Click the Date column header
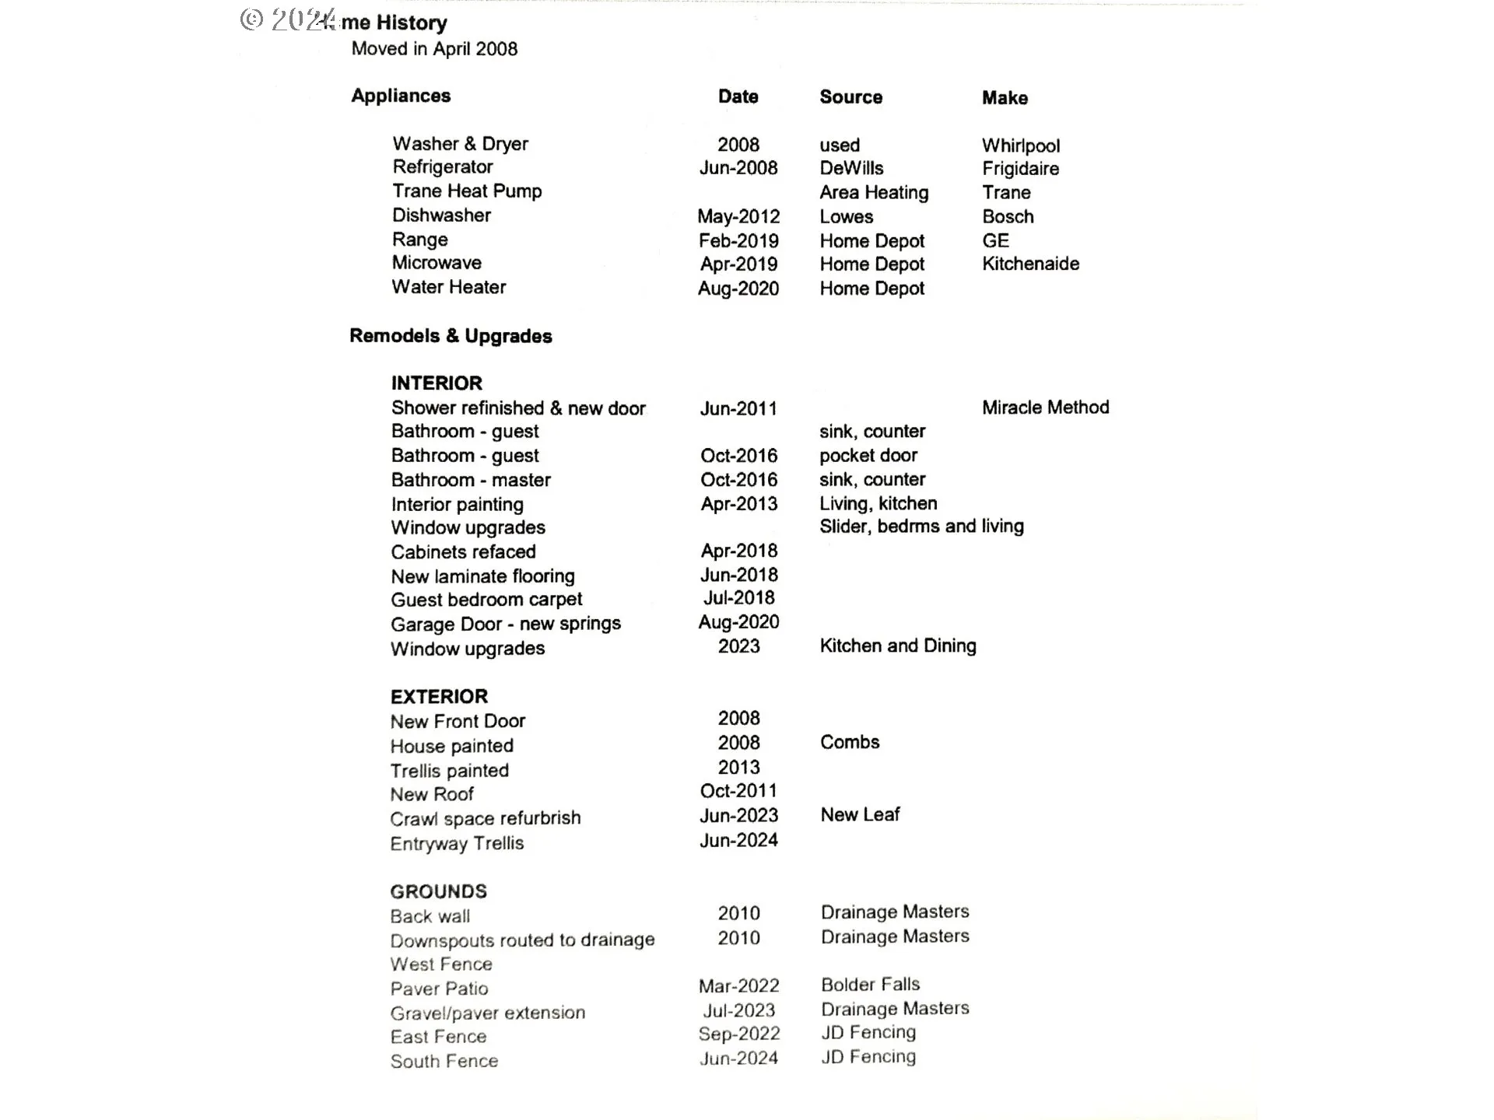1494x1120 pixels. coord(738,96)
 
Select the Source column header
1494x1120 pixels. coord(850,97)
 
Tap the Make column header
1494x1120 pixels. coord(1005,98)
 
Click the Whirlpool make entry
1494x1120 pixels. coord(1020,145)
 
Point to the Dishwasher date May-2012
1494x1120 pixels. coord(738,216)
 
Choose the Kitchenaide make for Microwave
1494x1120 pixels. coord(1030,264)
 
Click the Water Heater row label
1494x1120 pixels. coord(449,287)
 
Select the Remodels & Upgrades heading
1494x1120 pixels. coord(451,336)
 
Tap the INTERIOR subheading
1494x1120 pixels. coord(437,383)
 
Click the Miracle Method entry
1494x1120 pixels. coord(1045,407)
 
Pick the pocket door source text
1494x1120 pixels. coord(868,455)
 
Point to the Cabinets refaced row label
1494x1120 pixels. coord(463,551)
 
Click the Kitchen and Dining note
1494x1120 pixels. coord(897,646)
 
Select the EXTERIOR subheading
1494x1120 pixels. coord(439,696)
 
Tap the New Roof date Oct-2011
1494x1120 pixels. coord(738,791)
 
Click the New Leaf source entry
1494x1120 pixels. coord(859,814)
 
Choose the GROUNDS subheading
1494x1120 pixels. coord(438,891)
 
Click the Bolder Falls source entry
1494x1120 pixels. coord(870,984)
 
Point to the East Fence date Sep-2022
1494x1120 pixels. coord(738,1034)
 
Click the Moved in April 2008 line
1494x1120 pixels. coord(434,49)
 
